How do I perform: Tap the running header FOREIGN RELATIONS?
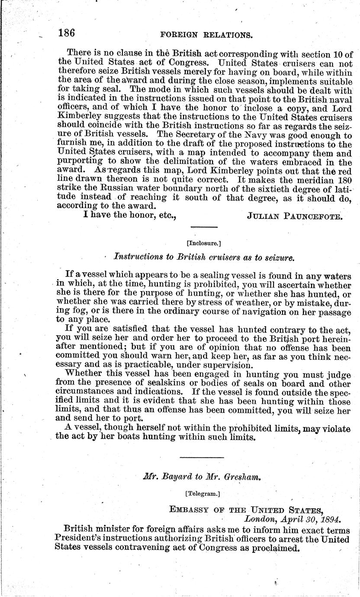coord(206,35)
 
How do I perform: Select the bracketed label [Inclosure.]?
coord(203,243)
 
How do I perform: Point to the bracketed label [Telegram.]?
coord(203,492)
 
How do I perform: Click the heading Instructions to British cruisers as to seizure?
coord(204,257)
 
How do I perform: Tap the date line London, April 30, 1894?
coord(292,518)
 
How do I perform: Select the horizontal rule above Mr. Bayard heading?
coord(202,457)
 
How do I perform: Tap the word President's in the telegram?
coord(84,539)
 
